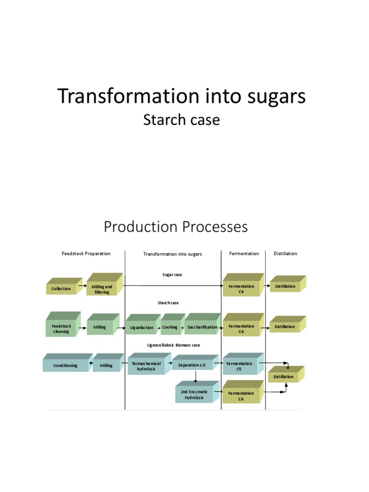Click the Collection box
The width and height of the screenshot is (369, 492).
[x=61, y=289]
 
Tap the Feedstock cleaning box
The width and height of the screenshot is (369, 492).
[x=61, y=329]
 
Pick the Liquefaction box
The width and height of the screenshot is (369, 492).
[x=142, y=328]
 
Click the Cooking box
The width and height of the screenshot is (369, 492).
[x=170, y=327]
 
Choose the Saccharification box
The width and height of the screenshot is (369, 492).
[x=202, y=327]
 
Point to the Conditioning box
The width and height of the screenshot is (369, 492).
[x=65, y=366]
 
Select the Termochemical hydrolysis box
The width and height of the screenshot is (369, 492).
[x=146, y=367]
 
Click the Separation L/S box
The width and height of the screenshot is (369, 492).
[x=192, y=366]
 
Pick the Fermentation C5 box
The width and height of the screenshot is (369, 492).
[x=240, y=367]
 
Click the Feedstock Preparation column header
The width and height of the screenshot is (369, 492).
[x=86, y=254]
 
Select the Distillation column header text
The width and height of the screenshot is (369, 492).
[x=285, y=254]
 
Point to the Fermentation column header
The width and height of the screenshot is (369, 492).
[x=244, y=254]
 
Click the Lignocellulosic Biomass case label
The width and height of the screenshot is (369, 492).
[x=173, y=345]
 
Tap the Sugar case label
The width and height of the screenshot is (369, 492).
[x=172, y=275]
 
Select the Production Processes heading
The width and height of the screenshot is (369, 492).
[x=176, y=226]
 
